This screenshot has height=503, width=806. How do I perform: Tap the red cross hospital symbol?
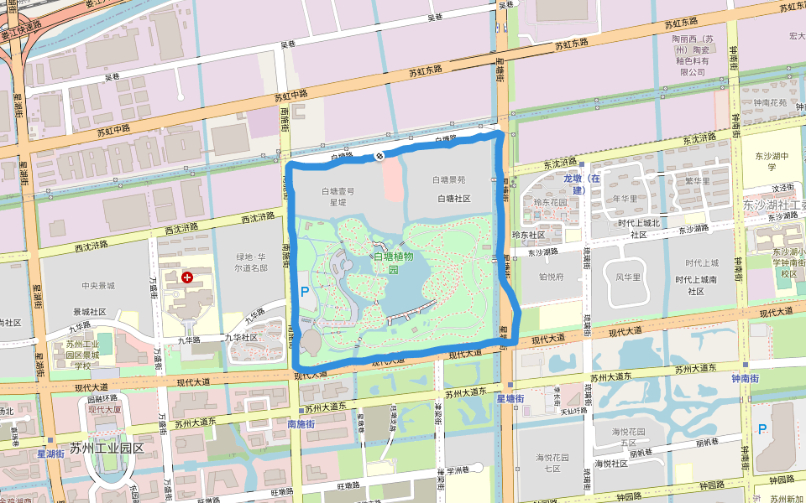[x=187, y=277]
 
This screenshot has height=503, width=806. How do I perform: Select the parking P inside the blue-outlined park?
[x=305, y=292]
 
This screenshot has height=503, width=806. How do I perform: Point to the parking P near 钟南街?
[x=762, y=429]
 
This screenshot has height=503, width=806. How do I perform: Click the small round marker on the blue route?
[x=379, y=155]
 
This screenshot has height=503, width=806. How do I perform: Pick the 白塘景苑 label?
[x=449, y=179]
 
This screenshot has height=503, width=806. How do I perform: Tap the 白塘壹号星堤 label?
[x=338, y=196]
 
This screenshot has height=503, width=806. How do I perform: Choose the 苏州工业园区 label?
[x=107, y=449]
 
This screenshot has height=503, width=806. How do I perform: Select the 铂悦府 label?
[x=551, y=275]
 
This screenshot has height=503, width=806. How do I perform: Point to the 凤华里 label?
[x=628, y=277]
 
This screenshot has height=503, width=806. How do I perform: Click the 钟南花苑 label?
[x=770, y=103]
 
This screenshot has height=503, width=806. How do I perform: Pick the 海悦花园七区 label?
[x=552, y=462]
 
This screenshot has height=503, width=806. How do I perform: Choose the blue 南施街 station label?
[x=301, y=424]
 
